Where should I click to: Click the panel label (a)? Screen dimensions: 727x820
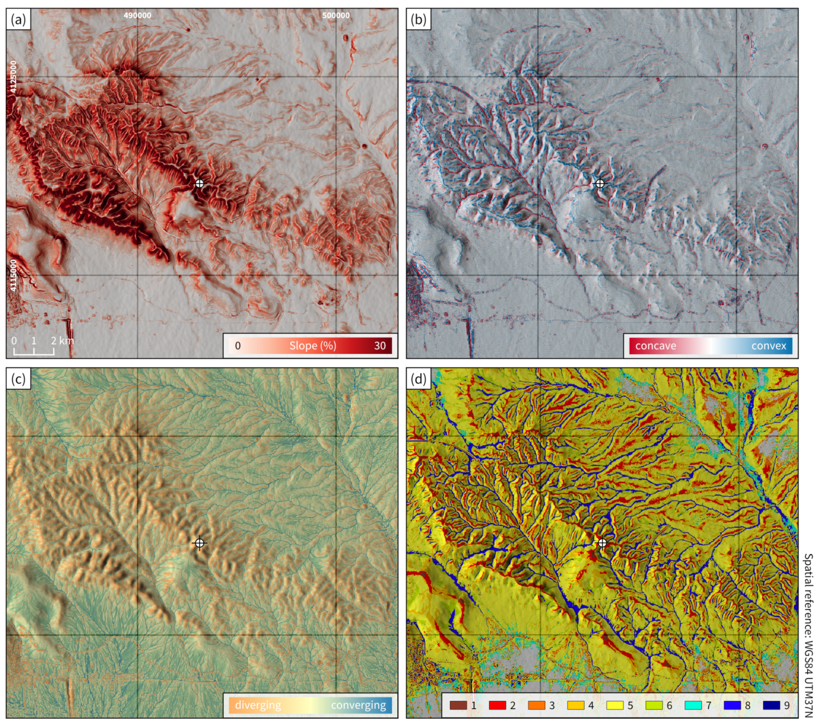click(x=18, y=19)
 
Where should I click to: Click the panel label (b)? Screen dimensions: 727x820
click(x=418, y=19)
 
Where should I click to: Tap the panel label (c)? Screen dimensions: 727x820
click(x=18, y=378)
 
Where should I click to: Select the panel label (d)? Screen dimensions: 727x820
click(x=418, y=378)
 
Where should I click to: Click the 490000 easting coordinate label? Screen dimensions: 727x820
click(x=137, y=15)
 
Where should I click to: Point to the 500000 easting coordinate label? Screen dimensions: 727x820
click(x=336, y=15)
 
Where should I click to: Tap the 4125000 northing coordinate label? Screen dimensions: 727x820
click(x=13, y=77)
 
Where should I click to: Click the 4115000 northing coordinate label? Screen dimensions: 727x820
click(x=13, y=275)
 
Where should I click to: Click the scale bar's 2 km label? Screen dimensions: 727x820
click(x=62, y=341)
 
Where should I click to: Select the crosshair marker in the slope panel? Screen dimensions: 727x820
click(x=199, y=184)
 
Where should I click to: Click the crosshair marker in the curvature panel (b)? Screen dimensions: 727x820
click(x=599, y=184)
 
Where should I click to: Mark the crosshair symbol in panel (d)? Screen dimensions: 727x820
click(x=602, y=543)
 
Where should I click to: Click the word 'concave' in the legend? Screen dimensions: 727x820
click(x=655, y=346)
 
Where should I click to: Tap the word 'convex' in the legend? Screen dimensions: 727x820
click(x=769, y=346)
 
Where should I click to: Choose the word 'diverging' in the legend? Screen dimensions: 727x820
click(x=258, y=705)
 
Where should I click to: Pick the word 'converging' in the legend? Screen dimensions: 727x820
click(x=358, y=705)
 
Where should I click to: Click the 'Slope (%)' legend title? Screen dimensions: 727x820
click(x=313, y=346)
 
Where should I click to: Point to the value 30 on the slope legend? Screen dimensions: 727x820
click(x=380, y=346)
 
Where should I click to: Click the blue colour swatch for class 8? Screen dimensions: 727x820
click(x=732, y=705)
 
